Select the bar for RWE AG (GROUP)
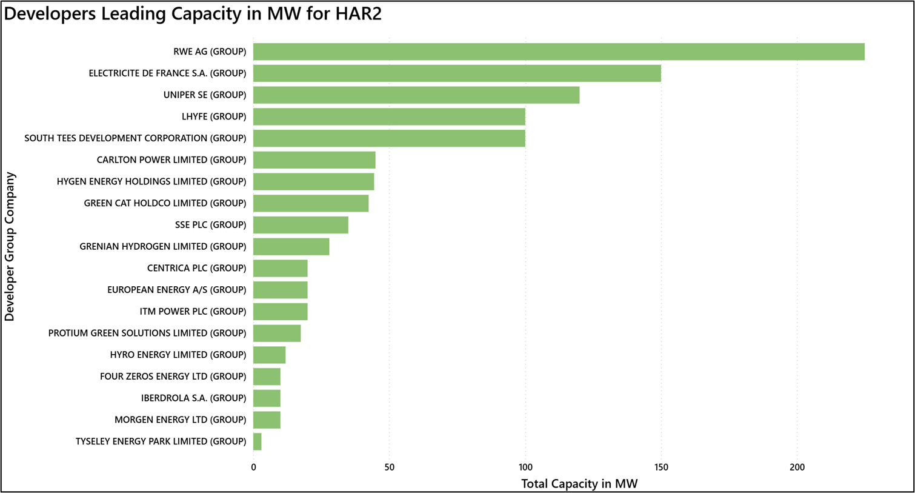click(559, 52)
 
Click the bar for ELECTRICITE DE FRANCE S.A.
click(457, 73)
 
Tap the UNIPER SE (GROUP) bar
click(416, 95)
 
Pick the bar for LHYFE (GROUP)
click(389, 116)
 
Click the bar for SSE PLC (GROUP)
click(301, 225)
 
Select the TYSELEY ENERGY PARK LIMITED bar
click(258, 441)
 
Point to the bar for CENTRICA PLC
click(281, 268)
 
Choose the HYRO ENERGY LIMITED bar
click(270, 355)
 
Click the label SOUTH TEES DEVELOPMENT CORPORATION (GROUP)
click(135, 138)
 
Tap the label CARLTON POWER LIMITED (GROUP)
click(171, 160)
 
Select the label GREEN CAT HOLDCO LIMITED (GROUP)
click(165, 203)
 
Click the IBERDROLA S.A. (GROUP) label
click(193, 398)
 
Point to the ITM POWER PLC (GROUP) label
click(193, 312)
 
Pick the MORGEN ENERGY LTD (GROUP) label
click(180, 420)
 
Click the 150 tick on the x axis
click(661, 467)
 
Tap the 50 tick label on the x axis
click(389, 467)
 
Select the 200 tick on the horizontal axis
click(797, 467)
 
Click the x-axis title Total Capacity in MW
click(579, 484)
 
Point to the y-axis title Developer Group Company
click(10, 246)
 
